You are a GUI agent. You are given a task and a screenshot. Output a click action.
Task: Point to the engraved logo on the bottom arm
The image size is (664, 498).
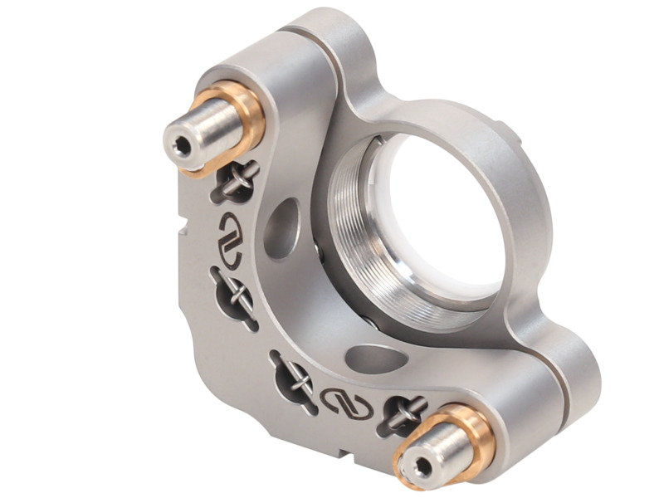[x=346, y=402]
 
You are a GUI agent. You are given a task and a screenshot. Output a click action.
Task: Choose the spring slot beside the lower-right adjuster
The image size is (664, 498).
[x=403, y=413]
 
